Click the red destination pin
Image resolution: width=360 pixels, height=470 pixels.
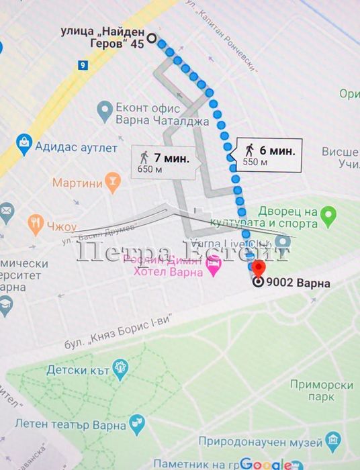coord(258,269)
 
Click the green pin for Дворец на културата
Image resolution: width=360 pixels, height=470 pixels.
coord(328,216)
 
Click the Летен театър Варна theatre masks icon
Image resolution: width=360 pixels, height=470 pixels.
coord(138,422)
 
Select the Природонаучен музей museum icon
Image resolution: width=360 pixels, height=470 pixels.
coord(333,440)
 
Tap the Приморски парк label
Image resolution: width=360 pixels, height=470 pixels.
coord(323,391)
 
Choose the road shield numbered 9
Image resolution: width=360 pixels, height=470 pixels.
coord(82,65)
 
